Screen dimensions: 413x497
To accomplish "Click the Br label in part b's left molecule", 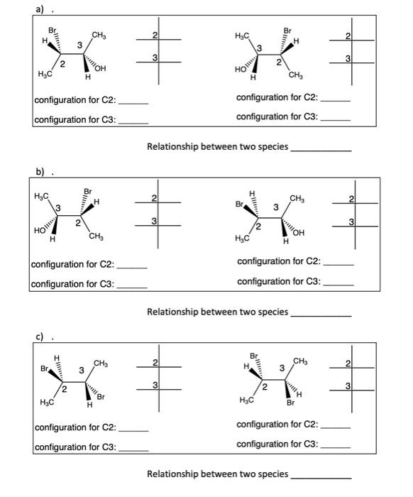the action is pos(87,192).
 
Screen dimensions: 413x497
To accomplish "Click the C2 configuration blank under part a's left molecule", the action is pos(133,104).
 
